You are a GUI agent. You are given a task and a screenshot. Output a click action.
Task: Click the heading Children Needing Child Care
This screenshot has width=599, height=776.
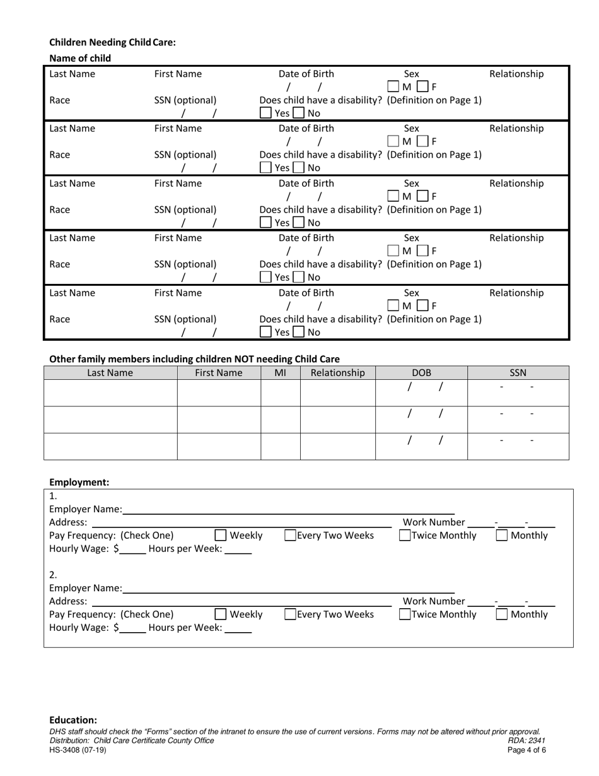[112, 42]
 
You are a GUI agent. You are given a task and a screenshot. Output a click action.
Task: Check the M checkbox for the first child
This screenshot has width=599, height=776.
[393, 86]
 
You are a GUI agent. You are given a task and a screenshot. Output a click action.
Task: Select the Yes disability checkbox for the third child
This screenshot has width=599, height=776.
[266, 223]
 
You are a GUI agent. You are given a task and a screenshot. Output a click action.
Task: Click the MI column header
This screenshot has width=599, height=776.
[280, 373]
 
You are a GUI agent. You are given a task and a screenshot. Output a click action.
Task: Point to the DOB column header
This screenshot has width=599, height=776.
[421, 373]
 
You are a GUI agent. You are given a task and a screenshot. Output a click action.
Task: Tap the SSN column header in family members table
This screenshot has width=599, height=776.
[518, 373]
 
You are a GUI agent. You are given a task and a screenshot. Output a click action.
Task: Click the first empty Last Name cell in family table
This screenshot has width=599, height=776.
[110, 393]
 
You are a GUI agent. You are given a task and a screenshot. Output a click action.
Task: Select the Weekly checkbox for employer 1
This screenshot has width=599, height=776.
[221, 536]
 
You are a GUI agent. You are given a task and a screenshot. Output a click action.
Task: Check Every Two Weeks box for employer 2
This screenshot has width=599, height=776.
[291, 614]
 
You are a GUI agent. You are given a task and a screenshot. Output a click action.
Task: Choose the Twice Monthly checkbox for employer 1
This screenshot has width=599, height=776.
[405, 536]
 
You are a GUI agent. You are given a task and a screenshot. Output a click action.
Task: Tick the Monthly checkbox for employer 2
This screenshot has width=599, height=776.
[502, 614]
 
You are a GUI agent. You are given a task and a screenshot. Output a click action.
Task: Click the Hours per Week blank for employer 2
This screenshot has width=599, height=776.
[238, 628]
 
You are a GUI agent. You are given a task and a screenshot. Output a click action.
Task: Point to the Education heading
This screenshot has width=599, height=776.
[73, 720]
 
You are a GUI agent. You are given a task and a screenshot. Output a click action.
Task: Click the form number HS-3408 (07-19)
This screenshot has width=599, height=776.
[78, 750]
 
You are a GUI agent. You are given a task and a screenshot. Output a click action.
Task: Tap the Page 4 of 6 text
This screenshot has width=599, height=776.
[526, 750]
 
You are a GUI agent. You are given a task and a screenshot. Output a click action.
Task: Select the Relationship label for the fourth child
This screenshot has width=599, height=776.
[516, 238]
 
